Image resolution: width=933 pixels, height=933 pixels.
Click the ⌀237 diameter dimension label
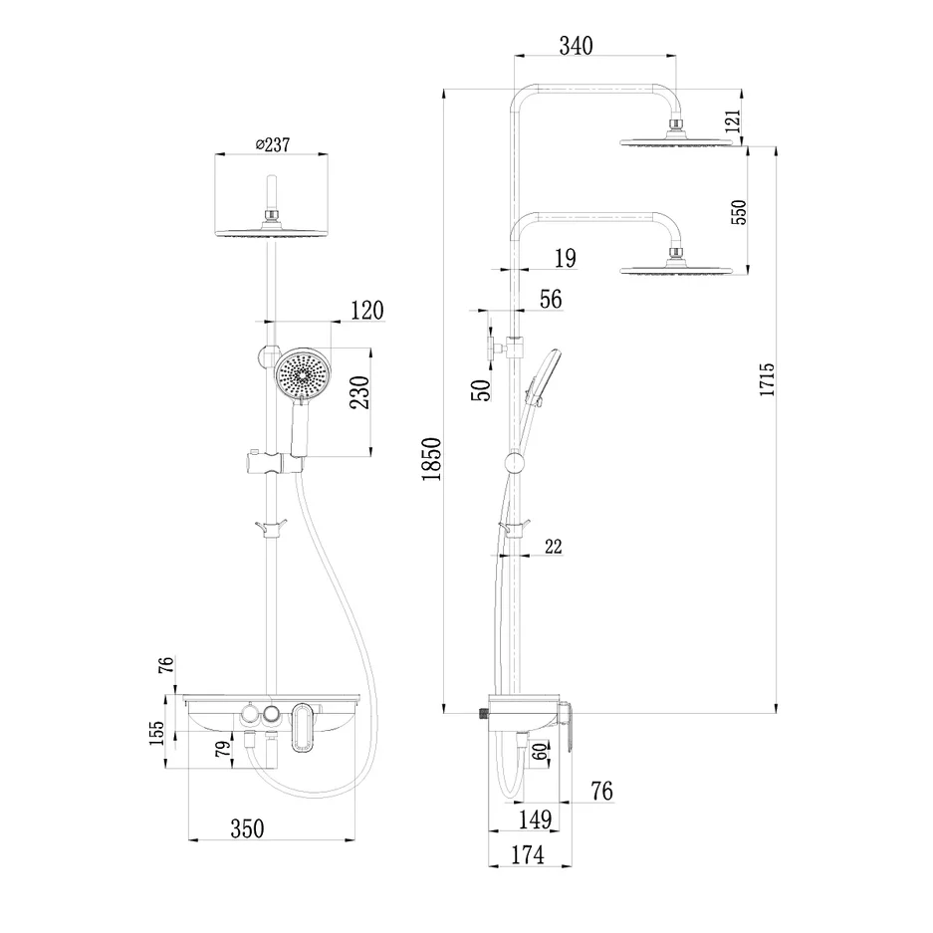point(272,144)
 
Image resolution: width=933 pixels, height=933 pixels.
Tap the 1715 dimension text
point(766,382)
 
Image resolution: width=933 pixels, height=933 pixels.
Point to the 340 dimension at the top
point(576,46)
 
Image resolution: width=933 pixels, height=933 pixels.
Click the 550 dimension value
point(738,211)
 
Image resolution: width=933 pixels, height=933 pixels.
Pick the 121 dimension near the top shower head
point(734,122)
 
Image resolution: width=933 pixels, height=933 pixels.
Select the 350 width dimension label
point(246,828)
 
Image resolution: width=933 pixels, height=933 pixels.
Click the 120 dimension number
point(364,311)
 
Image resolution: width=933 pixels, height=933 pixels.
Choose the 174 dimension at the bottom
point(527,855)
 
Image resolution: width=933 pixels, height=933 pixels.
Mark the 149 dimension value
point(535,819)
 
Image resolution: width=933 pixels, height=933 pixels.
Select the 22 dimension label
point(555,546)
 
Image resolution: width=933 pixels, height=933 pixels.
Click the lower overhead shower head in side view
point(683,268)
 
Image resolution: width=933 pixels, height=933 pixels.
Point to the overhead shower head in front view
point(270,231)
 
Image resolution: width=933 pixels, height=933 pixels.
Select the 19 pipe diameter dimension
point(564,260)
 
